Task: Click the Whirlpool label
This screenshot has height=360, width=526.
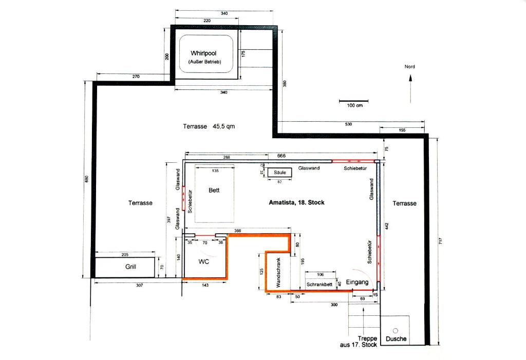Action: coord(203,53)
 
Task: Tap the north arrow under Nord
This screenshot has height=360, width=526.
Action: coord(410,89)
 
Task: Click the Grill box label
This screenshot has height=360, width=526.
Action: coord(130,267)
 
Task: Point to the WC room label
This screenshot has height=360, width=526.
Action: coord(203,261)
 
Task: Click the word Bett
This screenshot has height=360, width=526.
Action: coord(214,190)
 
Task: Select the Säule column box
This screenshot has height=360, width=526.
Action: coord(279,172)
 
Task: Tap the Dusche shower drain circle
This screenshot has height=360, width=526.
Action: coord(395,331)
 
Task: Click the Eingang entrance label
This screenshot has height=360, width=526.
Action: coord(358,282)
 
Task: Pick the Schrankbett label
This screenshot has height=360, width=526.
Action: coord(320,285)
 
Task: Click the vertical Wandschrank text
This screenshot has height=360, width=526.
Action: coord(278,272)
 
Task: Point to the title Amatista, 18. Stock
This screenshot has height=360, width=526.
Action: coord(296,202)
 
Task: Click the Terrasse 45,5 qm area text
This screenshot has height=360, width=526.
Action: coord(209,126)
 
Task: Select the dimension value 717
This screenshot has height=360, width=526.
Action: coord(440,241)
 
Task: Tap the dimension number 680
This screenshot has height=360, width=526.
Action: coord(86,179)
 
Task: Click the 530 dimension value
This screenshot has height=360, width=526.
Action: coord(349,124)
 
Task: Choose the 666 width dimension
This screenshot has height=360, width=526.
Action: coord(281,156)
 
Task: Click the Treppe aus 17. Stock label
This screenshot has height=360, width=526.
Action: coord(359,342)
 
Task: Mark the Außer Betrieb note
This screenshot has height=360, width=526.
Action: coord(204,62)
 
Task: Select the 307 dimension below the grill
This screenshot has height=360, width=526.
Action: coord(140,285)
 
